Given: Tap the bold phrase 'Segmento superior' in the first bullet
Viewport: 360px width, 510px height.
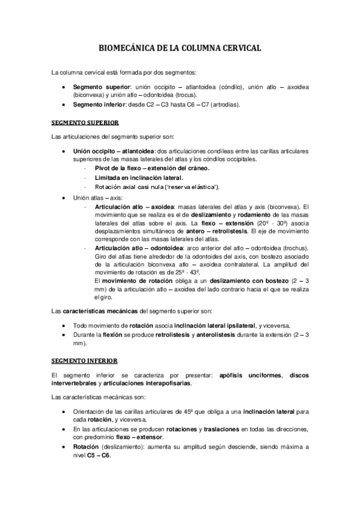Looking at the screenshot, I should tap(99, 87).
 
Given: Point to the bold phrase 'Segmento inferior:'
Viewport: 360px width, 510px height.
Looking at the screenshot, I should tap(98, 104).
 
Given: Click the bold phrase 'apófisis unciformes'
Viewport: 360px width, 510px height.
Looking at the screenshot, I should tap(252, 375).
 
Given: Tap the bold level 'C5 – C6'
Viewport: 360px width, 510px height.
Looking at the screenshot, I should tap(99, 455).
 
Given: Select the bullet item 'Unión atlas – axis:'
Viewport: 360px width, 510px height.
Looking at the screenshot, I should tap(99, 197).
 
